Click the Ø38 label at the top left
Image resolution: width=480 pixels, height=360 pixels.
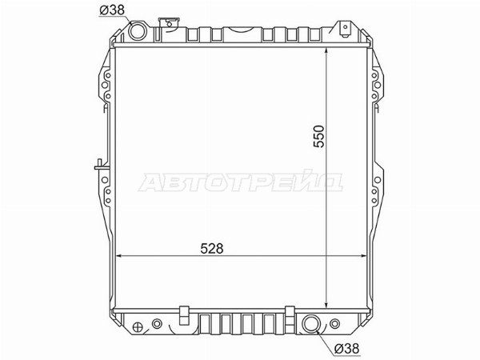click(x=112, y=10)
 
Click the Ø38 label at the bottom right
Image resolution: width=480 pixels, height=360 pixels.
click(x=346, y=348)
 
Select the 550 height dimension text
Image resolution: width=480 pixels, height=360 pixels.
click(x=318, y=136)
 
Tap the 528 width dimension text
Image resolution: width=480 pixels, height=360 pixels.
click(x=212, y=249)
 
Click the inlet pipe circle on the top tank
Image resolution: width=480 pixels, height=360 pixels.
click(x=138, y=30)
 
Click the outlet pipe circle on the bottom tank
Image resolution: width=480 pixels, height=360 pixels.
click(x=311, y=323)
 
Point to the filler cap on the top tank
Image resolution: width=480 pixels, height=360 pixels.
click(x=169, y=23)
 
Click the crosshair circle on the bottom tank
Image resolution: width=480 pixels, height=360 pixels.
click(x=138, y=327)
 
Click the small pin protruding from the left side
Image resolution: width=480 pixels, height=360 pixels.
click(x=100, y=166)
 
